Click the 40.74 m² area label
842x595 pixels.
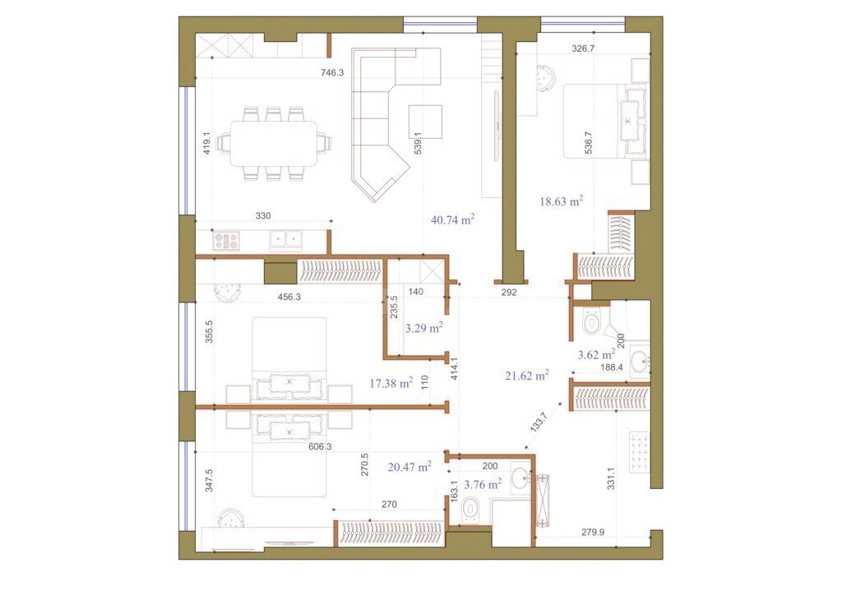click(453, 219)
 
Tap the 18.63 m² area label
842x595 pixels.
click(561, 201)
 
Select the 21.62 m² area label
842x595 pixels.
click(527, 376)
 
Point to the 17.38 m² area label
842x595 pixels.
click(391, 382)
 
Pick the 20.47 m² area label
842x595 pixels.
click(409, 467)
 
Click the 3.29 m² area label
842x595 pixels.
click(423, 328)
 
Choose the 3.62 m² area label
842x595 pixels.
click(596, 354)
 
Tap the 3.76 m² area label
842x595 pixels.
click(483, 485)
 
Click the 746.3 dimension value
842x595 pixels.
click(332, 72)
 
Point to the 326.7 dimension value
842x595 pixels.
click(583, 48)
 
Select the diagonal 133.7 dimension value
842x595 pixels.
click(538, 422)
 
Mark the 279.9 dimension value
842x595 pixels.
click(593, 533)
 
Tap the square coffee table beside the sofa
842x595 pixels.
click(425, 122)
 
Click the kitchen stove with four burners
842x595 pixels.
click(226, 240)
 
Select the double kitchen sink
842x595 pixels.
click(285, 239)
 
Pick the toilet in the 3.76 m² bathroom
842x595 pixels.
click(470, 509)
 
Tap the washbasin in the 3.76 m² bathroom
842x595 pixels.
click(520, 477)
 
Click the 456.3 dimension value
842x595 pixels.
click(289, 297)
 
